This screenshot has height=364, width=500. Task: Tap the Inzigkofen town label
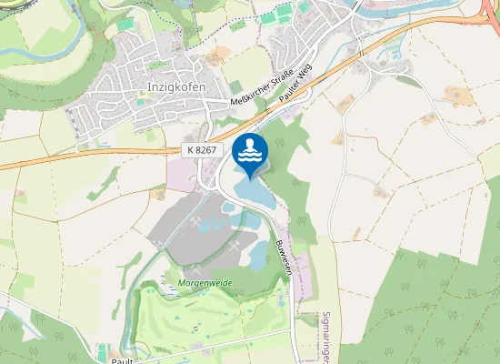(175, 86)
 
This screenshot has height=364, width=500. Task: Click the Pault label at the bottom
(123, 360)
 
